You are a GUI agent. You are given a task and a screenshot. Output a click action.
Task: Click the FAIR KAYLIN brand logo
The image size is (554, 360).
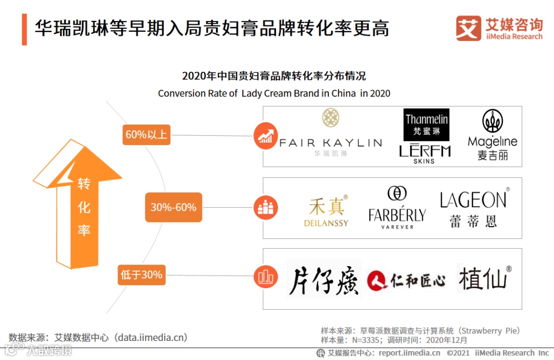tap(330, 134)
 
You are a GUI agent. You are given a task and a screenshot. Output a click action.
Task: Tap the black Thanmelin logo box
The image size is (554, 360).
tap(426, 125)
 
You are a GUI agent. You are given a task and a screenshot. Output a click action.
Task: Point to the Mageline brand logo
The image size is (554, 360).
tap(492, 135)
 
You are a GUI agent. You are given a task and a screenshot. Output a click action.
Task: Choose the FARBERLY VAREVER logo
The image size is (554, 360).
tap(397, 208)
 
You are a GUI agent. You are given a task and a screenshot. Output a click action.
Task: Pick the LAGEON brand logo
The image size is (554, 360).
tap(474, 208)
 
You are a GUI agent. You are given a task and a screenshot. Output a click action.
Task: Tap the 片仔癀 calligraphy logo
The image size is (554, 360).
tap(324, 279)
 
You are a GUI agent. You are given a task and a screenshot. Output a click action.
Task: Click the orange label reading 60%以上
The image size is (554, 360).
tap(146, 135)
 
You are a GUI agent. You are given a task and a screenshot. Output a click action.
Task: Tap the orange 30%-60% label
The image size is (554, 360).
tap(173, 207)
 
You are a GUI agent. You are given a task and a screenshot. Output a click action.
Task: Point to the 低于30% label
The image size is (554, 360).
tap(141, 275)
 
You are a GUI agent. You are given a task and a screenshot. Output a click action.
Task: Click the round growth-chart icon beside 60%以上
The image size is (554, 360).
tap(266, 136)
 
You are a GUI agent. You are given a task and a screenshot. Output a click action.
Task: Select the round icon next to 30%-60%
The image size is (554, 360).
tap(266, 208)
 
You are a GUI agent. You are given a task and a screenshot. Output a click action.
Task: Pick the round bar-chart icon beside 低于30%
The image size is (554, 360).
tap(266, 277)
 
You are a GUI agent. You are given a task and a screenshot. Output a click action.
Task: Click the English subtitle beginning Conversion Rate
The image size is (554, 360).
tap(274, 93)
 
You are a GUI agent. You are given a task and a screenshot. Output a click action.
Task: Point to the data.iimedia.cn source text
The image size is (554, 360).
tap(98, 337)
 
